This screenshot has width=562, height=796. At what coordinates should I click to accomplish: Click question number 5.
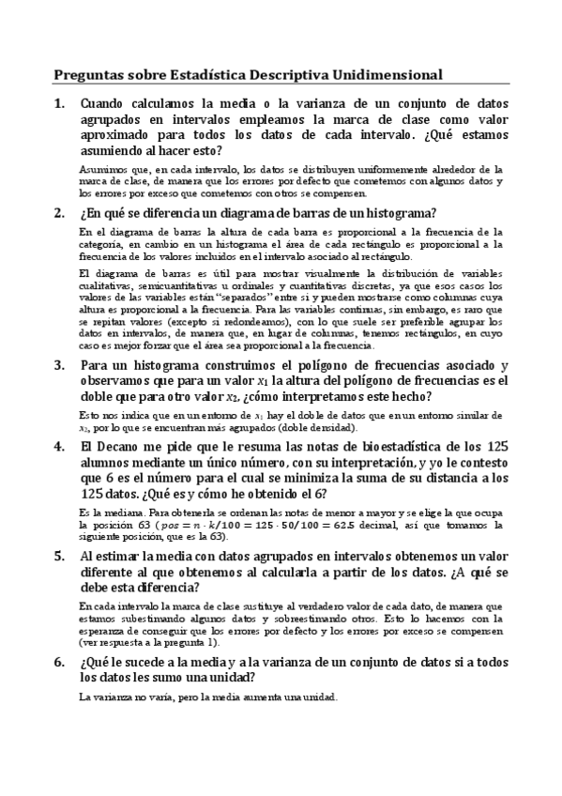pos(59,556)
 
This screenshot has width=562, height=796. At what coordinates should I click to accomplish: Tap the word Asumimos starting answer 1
pos(101,169)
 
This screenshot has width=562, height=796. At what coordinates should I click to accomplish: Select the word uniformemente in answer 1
pos(370,169)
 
